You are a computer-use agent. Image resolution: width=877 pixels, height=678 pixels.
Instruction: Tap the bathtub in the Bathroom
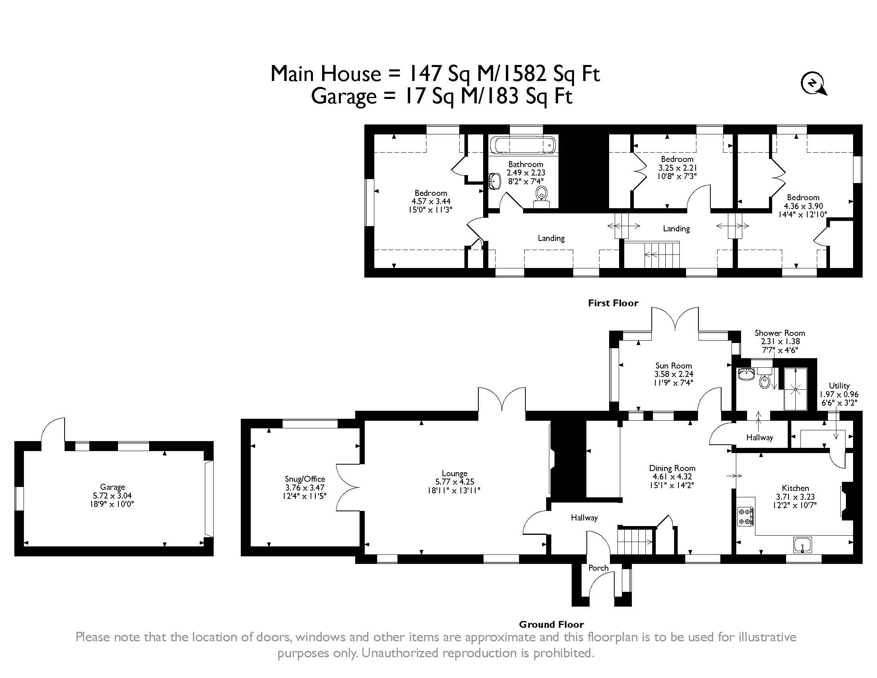[524, 146]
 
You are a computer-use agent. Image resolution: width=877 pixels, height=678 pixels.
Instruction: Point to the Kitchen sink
[802, 546]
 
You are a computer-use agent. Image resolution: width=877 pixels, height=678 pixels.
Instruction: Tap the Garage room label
[112, 487]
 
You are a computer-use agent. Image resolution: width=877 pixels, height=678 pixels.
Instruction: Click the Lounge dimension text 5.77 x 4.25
[454, 482]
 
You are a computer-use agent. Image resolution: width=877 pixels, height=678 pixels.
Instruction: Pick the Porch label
[598, 568]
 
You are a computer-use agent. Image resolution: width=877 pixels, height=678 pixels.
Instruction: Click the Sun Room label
[673, 365]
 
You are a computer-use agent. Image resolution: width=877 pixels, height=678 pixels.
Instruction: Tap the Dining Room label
[672, 468]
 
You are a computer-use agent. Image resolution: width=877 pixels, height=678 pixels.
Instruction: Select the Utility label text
[839, 386]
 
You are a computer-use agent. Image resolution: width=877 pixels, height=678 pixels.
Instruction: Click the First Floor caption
[613, 303]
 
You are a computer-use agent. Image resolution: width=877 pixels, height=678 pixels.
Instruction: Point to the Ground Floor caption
[551, 625]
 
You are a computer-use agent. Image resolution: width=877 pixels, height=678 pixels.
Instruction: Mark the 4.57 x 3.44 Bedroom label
[431, 201]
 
